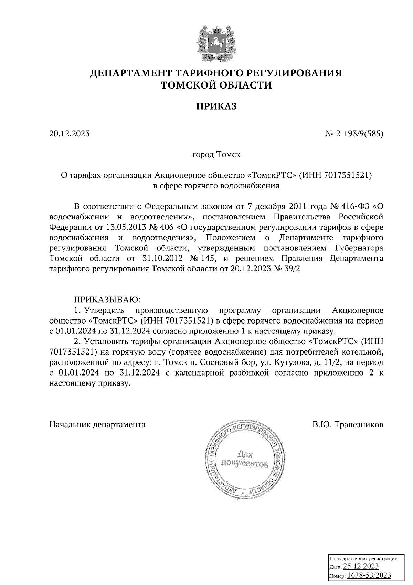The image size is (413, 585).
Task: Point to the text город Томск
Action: pos(216,155)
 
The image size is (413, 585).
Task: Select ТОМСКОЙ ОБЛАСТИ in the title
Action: pos(216,85)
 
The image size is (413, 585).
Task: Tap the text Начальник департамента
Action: pos(97,424)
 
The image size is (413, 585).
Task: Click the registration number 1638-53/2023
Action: pos(369,575)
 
